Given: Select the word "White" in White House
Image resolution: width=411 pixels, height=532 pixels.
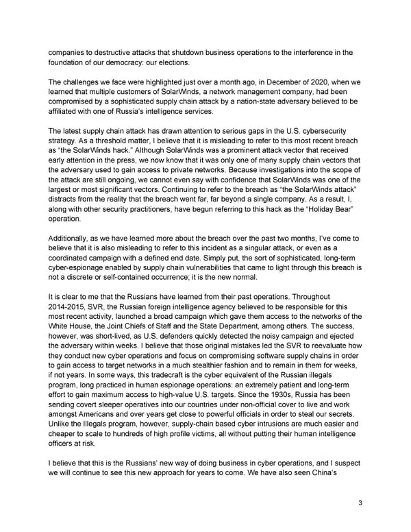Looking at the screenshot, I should coord(63,330).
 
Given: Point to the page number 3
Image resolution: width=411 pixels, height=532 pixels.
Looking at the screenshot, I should coord(360,504).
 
